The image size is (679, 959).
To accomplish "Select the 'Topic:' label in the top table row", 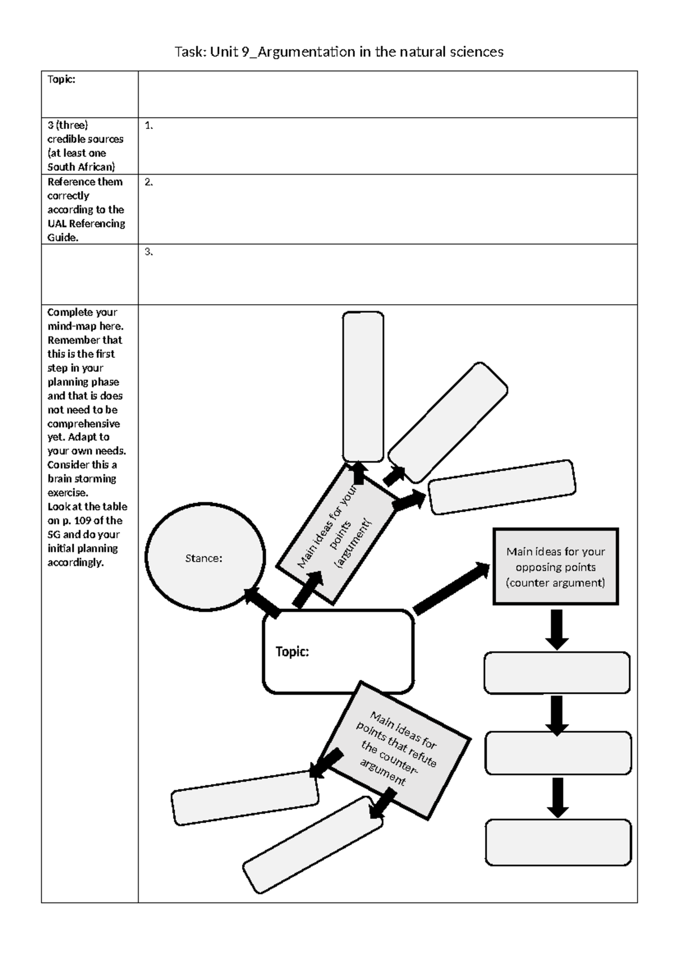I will coord(61,80).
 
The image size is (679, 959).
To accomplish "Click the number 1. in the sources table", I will coord(148,126).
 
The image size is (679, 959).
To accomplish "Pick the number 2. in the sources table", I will coord(148,182).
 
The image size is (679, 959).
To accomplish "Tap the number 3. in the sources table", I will coord(148,252).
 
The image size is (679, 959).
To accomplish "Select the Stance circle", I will coord(205,558).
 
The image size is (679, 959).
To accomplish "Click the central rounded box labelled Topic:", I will coord(338,651).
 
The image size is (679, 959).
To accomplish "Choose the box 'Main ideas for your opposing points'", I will coord(555,567).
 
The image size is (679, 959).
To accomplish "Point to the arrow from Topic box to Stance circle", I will coord(262,603).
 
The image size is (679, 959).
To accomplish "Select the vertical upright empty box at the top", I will coord(363,386).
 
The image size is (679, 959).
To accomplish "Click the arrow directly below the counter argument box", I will coord(557,629).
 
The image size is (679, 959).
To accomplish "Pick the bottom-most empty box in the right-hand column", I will coord(558,842).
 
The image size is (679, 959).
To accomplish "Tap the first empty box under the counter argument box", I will coord(557,673).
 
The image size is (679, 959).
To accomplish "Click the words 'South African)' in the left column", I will coord(81,167).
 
